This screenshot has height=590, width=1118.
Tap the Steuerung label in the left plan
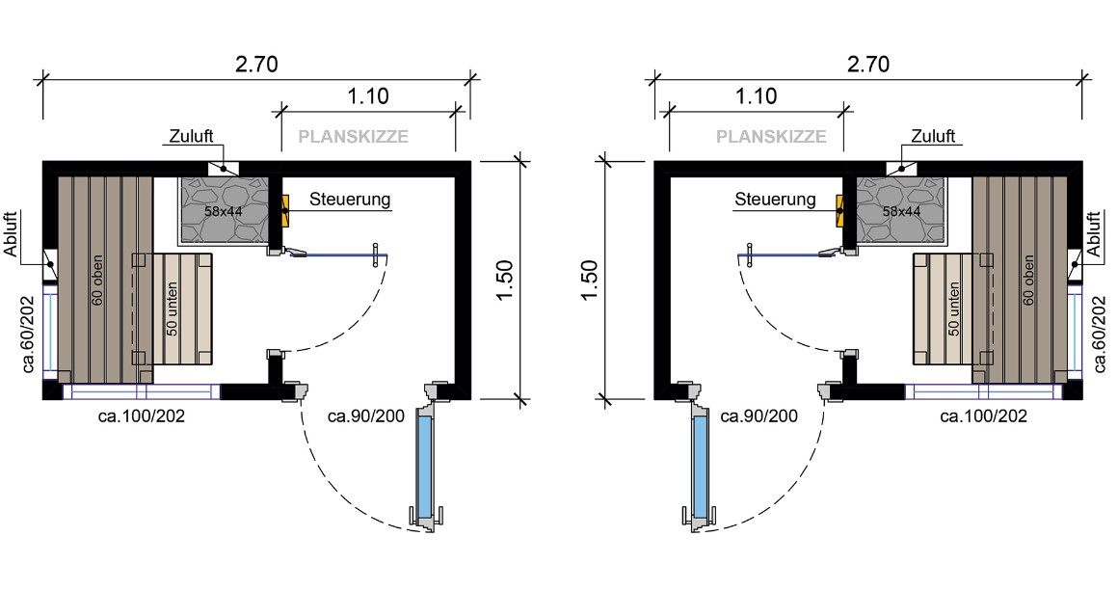(350, 201)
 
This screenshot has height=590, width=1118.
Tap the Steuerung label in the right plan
(775, 201)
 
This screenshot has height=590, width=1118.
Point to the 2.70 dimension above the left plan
(256, 65)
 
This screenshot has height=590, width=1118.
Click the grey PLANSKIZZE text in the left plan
(353, 137)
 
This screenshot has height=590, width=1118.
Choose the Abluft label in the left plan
(11, 235)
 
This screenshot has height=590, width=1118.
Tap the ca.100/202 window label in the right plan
(983, 416)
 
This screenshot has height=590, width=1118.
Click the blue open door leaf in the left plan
(423, 464)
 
